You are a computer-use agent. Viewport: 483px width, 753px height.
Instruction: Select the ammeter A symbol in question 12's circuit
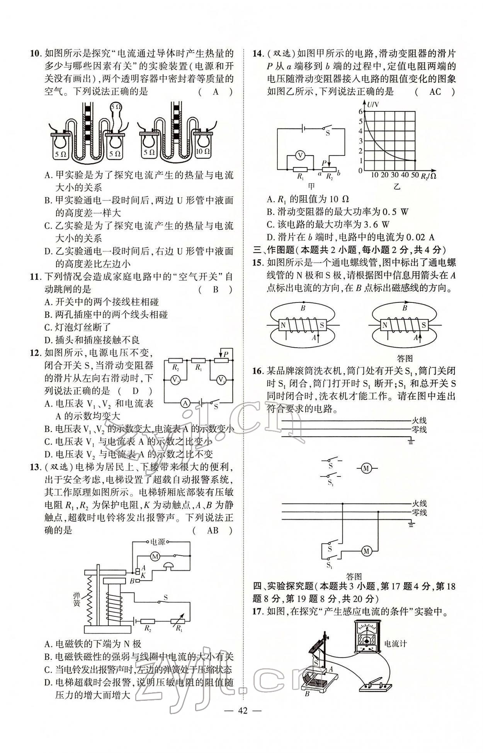click(x=185, y=403)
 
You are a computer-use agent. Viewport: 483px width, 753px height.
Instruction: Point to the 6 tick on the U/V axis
click(x=361, y=111)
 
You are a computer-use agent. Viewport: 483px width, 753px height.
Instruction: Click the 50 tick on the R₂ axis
click(x=415, y=175)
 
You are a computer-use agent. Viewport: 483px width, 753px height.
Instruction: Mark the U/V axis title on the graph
click(x=373, y=104)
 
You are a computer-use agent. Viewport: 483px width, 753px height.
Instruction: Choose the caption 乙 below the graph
click(x=397, y=187)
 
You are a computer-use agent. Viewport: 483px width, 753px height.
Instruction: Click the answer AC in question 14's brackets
click(x=435, y=92)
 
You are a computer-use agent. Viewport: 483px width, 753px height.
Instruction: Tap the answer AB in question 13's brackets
click(x=213, y=530)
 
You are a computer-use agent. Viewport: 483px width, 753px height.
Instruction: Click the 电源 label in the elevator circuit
click(x=158, y=542)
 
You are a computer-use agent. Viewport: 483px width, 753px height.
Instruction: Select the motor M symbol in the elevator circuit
click(x=155, y=557)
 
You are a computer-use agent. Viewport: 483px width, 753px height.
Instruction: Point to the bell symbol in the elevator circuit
click(x=168, y=566)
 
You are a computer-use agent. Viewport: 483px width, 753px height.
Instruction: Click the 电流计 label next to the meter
click(x=395, y=644)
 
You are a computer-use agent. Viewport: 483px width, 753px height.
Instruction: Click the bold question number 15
click(x=257, y=263)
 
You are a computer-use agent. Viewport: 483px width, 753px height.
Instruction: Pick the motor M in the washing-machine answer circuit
click(x=366, y=551)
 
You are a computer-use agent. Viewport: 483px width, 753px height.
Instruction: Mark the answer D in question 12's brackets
click(x=136, y=391)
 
